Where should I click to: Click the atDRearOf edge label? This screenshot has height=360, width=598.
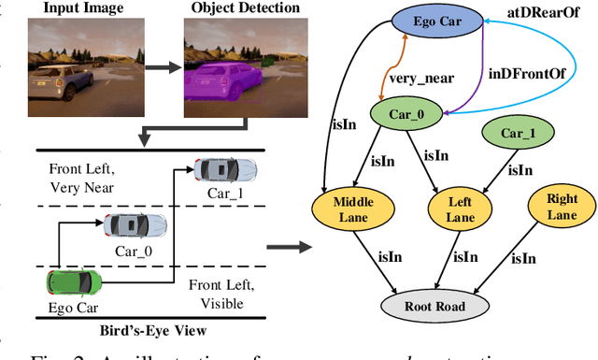tap(537, 10)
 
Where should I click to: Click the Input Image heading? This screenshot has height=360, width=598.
tap(76, 8)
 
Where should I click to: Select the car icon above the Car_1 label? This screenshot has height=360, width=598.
tap(225, 170)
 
